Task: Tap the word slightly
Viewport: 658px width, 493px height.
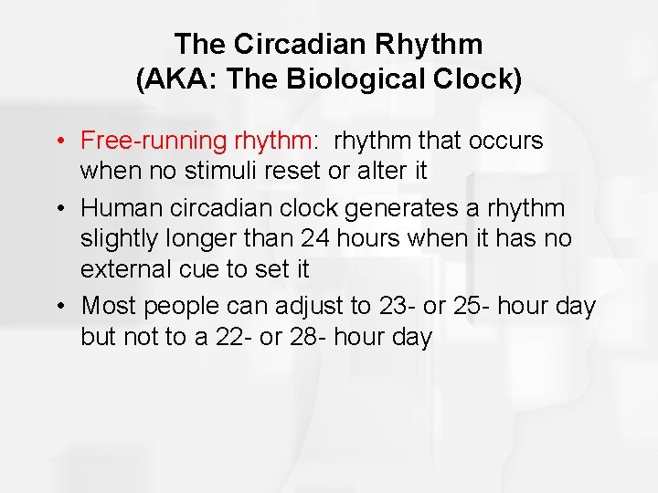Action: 113,239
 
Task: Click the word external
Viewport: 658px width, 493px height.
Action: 118,270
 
